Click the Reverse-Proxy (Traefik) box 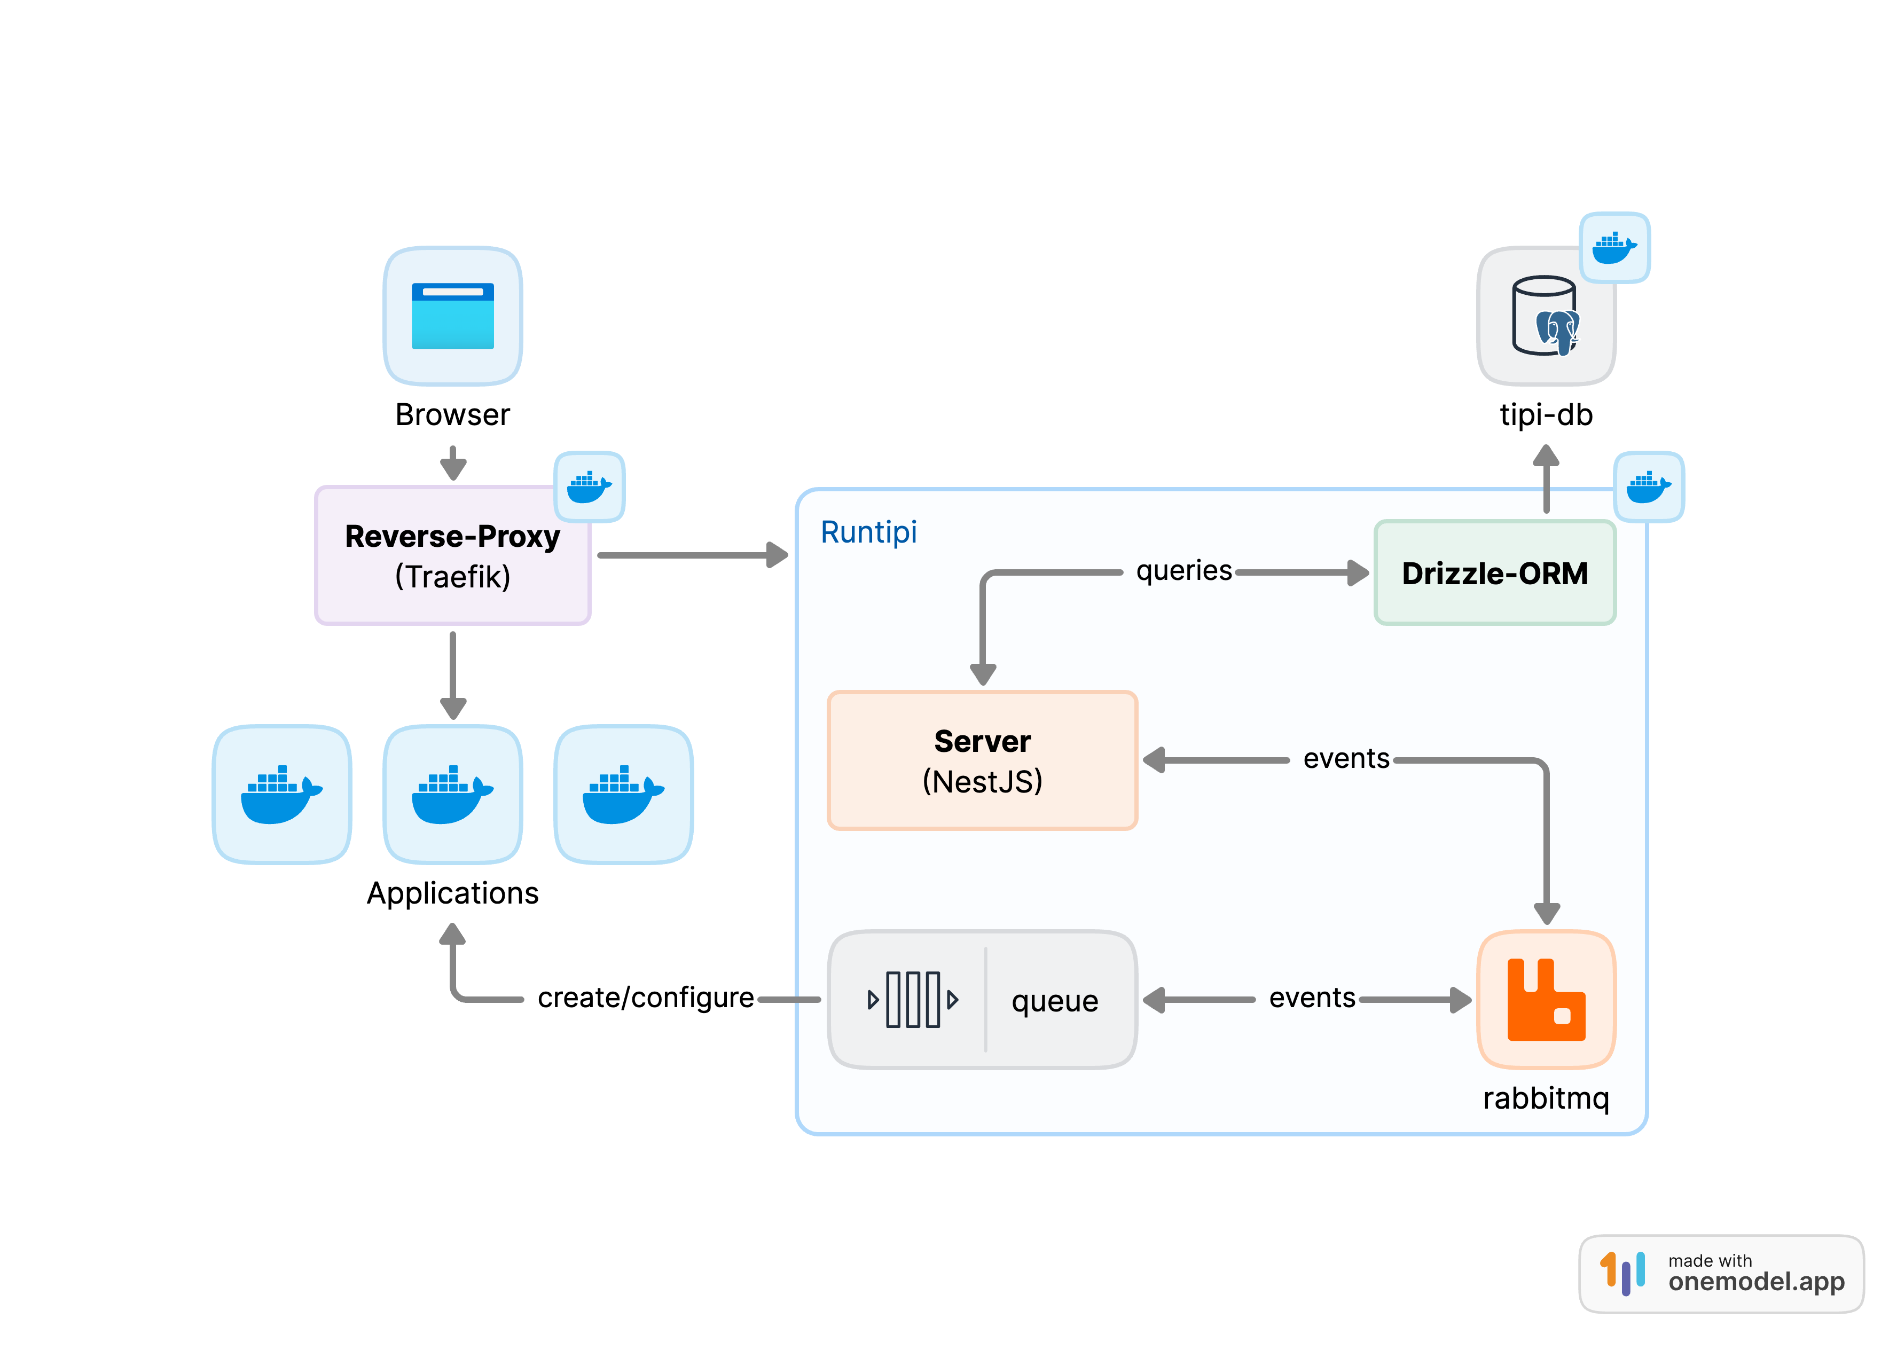coord(452,555)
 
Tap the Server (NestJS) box coord(982,760)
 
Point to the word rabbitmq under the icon coord(1546,1098)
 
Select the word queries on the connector coord(1183,570)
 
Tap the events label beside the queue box coord(1311,998)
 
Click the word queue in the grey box coord(1054,1001)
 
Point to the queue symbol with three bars coord(912,999)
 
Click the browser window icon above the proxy coord(452,316)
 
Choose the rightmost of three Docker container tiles coord(623,794)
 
